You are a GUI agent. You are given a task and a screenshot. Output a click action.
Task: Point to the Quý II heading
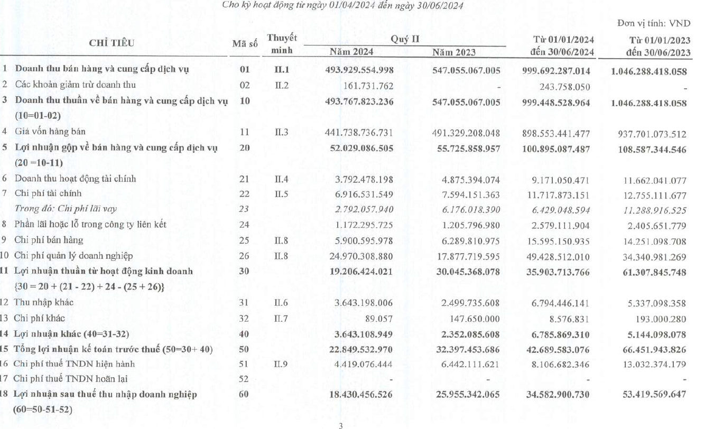402,39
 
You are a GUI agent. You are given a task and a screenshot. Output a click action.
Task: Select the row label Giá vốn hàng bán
50,132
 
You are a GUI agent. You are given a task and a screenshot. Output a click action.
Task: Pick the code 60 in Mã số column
244,394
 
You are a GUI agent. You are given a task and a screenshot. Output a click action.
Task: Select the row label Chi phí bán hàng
49,240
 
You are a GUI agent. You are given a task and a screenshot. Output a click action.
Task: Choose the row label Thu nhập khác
44,303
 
